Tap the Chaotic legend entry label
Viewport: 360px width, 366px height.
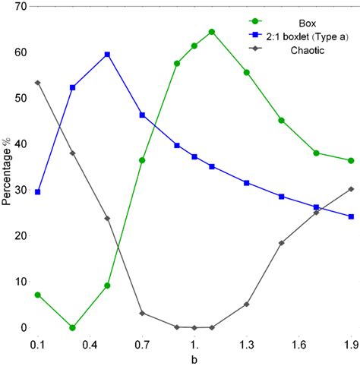[x=308, y=51]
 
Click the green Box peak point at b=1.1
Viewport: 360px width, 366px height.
[x=211, y=32]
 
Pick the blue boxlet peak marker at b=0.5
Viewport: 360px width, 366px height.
[x=107, y=55]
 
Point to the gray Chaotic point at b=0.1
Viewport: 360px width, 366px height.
[x=38, y=83]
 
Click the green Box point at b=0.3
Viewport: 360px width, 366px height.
[x=72, y=328]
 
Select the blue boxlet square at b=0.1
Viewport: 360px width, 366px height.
[x=38, y=192]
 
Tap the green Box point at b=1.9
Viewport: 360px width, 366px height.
[x=350, y=161]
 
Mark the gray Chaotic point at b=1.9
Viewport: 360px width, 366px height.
[x=350, y=189]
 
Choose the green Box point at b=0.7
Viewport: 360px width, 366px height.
[x=142, y=160]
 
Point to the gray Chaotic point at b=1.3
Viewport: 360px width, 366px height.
[x=246, y=304]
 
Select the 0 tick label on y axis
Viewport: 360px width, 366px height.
[x=24, y=328]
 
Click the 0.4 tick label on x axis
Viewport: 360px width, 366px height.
[x=90, y=344]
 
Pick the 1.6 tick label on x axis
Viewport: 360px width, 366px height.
[x=298, y=344]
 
